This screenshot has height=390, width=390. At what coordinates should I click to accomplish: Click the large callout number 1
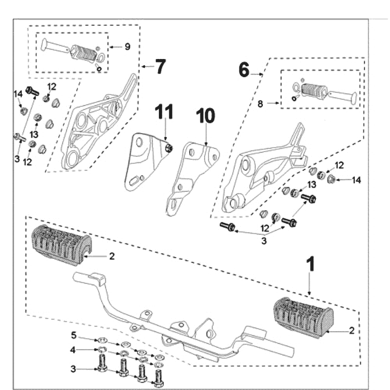point(310,266)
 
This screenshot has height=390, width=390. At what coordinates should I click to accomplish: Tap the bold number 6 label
point(244,70)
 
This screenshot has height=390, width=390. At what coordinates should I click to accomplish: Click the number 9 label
point(127,47)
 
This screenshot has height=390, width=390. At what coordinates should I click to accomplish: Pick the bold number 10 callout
point(205,117)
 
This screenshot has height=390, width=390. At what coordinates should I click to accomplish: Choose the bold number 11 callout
point(165,113)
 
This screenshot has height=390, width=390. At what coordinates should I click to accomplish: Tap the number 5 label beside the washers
point(74,336)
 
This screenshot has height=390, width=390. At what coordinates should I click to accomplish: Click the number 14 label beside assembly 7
point(18,94)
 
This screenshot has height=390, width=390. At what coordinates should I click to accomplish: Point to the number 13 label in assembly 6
point(311,185)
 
